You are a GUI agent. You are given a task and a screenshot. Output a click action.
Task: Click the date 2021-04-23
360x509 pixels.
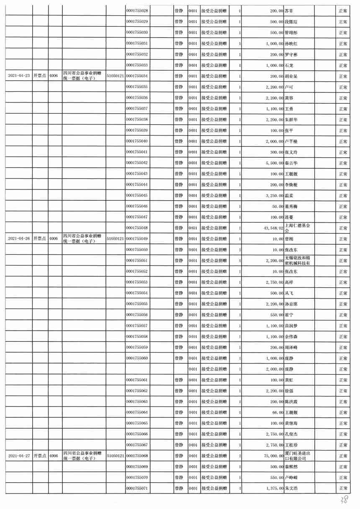point(19,76)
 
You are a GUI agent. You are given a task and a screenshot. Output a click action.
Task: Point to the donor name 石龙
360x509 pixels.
point(289,65)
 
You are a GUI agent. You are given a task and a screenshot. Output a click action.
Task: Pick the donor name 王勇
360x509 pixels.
point(289,108)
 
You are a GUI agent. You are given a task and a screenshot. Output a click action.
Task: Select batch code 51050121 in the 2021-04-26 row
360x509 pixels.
point(116,238)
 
